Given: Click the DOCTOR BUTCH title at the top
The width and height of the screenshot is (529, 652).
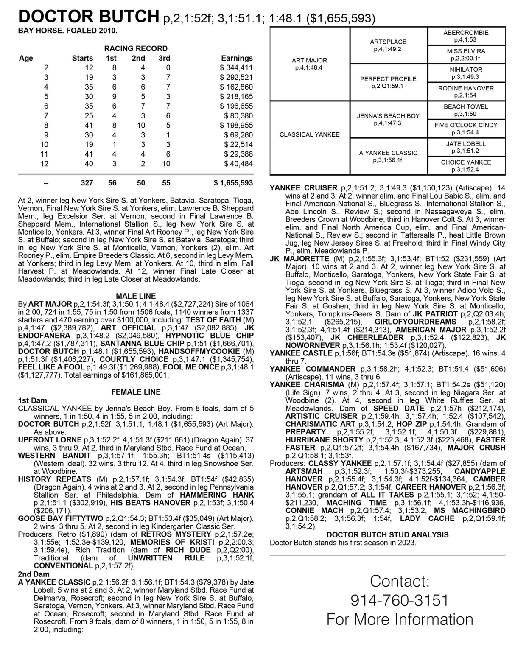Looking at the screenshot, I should (x=89, y=17).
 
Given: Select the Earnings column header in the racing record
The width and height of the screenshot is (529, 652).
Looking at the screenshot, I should (x=237, y=58).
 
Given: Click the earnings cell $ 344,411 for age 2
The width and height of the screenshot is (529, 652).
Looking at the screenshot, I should (x=236, y=67).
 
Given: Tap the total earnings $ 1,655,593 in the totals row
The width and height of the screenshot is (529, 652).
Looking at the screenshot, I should (x=233, y=183).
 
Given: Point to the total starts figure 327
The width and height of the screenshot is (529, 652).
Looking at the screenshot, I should (x=87, y=183).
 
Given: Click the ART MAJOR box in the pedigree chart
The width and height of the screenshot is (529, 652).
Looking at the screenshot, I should (x=309, y=64).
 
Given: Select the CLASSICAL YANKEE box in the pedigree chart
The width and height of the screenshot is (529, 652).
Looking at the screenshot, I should (x=309, y=134).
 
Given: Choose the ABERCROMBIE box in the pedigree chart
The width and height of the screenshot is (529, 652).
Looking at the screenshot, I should (x=466, y=36).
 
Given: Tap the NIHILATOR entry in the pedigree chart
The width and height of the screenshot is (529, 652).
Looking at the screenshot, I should (x=466, y=73).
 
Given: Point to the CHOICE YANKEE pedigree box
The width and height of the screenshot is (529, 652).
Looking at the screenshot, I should (x=466, y=165).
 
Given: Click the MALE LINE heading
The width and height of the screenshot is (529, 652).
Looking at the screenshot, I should (x=136, y=296).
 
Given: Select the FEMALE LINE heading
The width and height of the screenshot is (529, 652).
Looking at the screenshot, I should (x=136, y=392).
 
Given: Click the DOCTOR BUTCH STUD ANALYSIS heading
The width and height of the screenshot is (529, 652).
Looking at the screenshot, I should (x=387, y=535).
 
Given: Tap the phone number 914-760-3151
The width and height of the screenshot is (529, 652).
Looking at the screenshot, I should (x=399, y=600).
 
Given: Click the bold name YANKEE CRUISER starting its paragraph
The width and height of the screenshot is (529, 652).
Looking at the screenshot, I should (x=303, y=188).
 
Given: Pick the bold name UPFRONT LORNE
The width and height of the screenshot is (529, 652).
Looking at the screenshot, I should (x=50, y=440).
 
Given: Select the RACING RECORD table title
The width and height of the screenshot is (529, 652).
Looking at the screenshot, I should (x=136, y=48).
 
